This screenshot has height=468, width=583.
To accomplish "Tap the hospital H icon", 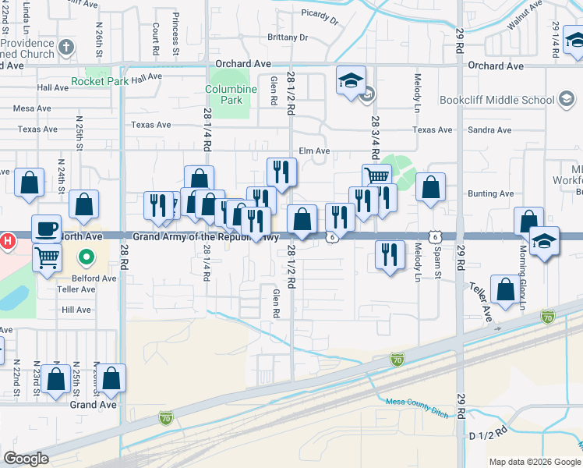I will coord(7,240).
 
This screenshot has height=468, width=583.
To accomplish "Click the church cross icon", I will coord(65,47).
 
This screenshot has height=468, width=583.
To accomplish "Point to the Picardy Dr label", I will coord(320,18).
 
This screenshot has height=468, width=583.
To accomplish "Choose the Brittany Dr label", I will coord(288,37).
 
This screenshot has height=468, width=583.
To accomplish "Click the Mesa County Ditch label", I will coord(417,407).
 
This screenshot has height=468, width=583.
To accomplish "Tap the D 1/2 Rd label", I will coord(489,431).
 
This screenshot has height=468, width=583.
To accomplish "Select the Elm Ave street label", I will coord(315,151).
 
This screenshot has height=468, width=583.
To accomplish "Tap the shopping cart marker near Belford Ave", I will coord(48,257).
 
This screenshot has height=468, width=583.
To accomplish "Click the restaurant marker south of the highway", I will coord(390,254).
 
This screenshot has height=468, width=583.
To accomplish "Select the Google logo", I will coord(26,459).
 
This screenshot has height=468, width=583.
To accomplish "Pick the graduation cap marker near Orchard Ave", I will coord(351,80).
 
